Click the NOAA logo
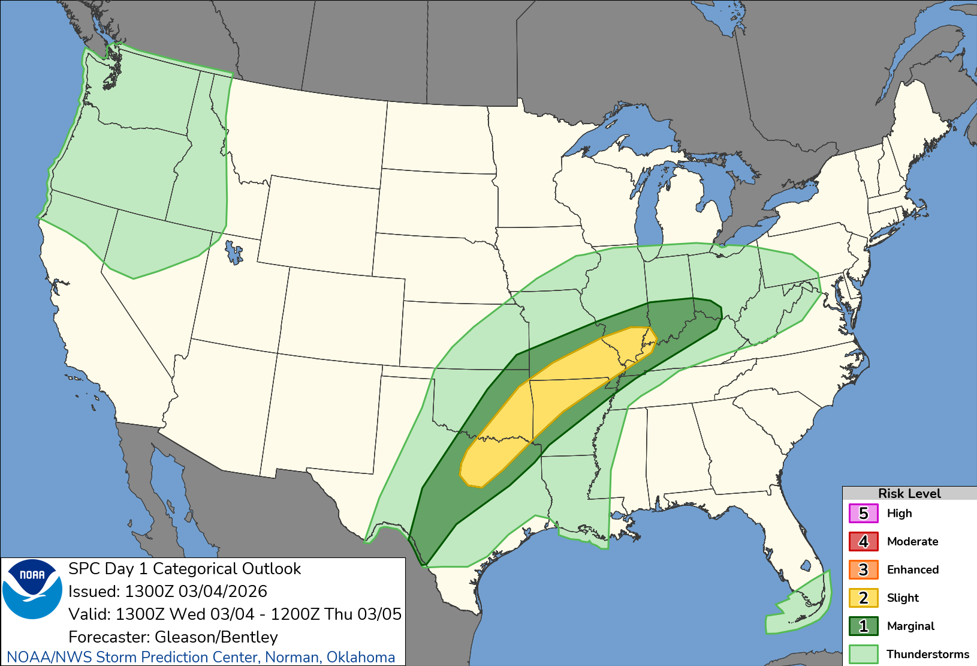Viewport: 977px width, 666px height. pyautogui.click(x=32, y=589)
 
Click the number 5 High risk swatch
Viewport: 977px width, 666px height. pyautogui.click(x=863, y=514)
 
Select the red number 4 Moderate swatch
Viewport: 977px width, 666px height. pyautogui.click(x=863, y=542)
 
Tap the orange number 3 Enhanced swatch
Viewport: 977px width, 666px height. pyautogui.click(x=863, y=570)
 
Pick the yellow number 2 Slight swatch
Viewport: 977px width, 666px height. pyautogui.click(x=863, y=598)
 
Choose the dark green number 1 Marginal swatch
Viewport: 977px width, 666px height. pyautogui.click(x=863, y=626)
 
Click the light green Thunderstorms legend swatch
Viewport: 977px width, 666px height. pyautogui.click(x=863, y=654)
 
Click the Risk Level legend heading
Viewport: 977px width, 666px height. pyautogui.click(x=909, y=493)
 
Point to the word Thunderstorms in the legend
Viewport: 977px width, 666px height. pyautogui.click(x=927, y=654)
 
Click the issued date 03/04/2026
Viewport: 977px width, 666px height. pyautogui.click(x=222, y=592)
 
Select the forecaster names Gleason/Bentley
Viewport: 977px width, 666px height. pyautogui.click(x=216, y=637)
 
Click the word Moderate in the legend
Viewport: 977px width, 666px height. pyautogui.click(x=912, y=542)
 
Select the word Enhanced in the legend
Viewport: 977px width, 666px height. pyautogui.click(x=912, y=570)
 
